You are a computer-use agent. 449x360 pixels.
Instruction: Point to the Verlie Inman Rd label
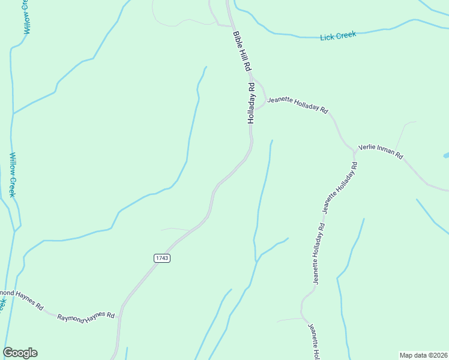coord(381,152)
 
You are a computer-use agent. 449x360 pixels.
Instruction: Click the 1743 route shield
coord(161,258)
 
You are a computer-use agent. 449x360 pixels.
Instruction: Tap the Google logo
coord(20,353)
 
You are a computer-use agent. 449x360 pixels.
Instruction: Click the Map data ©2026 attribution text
coord(423,355)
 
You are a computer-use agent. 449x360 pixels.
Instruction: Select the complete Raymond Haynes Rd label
coord(86,315)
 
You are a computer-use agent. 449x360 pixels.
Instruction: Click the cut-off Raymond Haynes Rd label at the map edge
coord(22,299)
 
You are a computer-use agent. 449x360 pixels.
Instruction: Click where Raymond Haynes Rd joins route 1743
coord(121,316)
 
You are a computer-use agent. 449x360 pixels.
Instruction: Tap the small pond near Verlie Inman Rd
coord(446,155)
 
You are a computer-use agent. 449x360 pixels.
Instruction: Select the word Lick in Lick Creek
coord(327,37)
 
